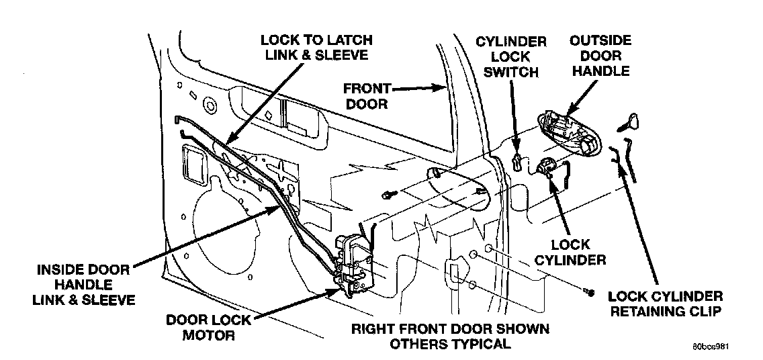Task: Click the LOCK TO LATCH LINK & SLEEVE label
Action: (x=316, y=47)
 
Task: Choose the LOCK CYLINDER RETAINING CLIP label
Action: (x=665, y=304)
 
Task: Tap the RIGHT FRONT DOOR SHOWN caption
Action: (x=450, y=329)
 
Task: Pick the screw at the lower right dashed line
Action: (x=589, y=291)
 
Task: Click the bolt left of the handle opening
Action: (x=388, y=194)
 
